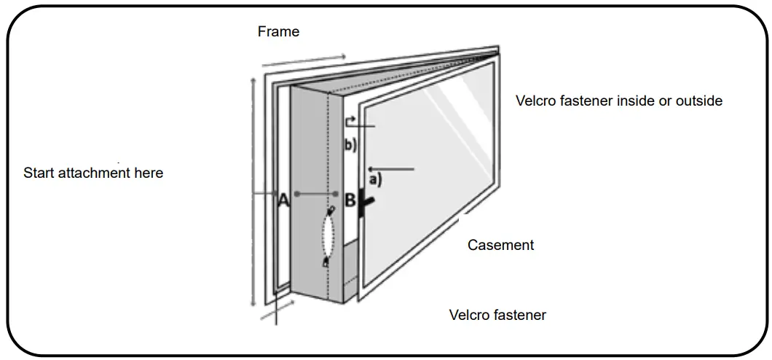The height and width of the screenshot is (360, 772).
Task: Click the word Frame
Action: pyautogui.click(x=278, y=32)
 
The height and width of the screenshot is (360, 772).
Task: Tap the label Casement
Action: pyautogui.click(x=500, y=245)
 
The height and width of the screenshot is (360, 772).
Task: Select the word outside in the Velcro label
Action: pyautogui.click(x=698, y=101)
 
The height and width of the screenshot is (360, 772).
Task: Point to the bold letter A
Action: pyautogui.click(x=283, y=201)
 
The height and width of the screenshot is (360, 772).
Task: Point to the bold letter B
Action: pyautogui.click(x=350, y=200)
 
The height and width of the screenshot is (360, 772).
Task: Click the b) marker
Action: pyautogui.click(x=350, y=144)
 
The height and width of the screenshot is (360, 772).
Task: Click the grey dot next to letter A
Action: pyautogui.click(x=296, y=194)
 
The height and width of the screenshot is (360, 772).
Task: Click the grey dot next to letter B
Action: pyautogui.click(x=336, y=194)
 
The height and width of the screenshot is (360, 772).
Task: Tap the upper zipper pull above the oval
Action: pyautogui.click(x=331, y=211)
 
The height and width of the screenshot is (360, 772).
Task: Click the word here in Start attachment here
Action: pyautogui.click(x=148, y=173)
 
